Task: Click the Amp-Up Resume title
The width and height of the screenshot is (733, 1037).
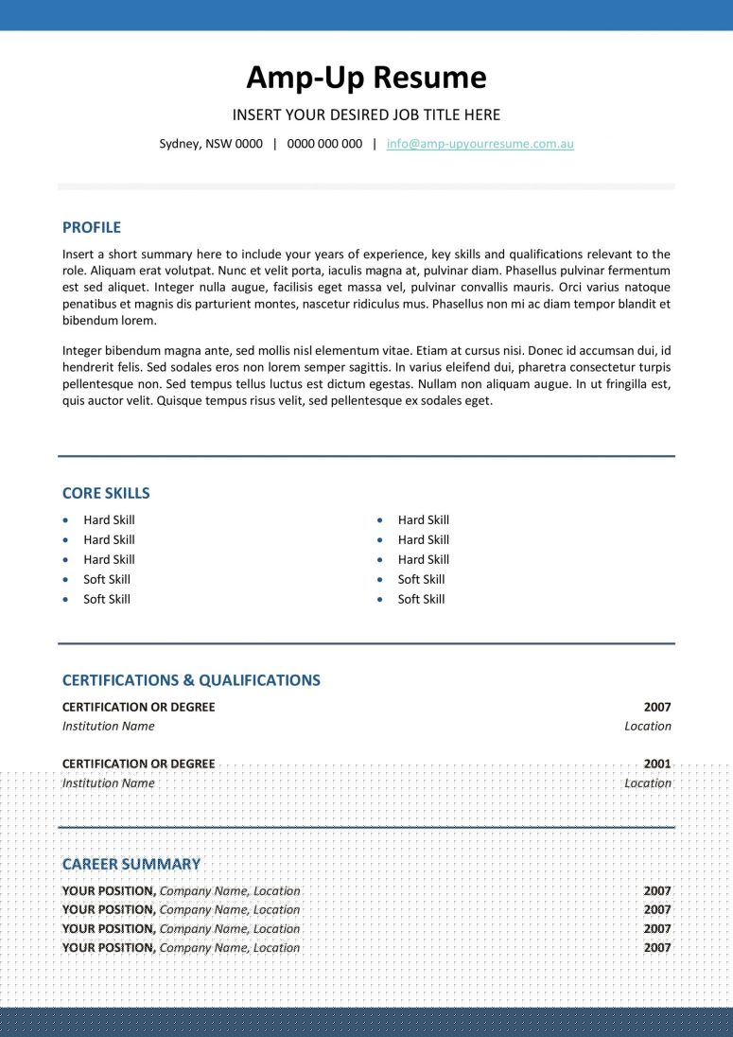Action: (x=366, y=77)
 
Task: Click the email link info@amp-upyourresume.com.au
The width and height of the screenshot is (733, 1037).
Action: (x=480, y=144)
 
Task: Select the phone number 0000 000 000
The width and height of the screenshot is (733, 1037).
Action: (x=324, y=144)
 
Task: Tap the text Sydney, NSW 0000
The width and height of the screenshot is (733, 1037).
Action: (x=211, y=144)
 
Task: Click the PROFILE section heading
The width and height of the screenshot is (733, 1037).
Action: (x=92, y=227)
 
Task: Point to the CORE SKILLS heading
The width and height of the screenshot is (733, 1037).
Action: (x=106, y=493)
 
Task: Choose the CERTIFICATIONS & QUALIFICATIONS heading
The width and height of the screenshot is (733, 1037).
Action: (x=191, y=680)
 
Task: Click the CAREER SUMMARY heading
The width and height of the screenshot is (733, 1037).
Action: (x=131, y=864)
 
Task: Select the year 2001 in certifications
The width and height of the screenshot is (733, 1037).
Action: (x=657, y=764)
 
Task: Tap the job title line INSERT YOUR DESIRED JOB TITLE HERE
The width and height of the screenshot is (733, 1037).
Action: (x=366, y=115)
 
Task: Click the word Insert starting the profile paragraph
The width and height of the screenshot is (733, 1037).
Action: (x=79, y=254)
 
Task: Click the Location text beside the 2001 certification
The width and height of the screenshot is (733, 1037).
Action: (x=648, y=783)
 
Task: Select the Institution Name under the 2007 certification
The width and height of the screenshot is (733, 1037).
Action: (x=108, y=727)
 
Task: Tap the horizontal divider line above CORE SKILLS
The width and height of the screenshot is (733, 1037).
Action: (x=366, y=456)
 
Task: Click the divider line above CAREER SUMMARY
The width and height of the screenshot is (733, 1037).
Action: (x=366, y=828)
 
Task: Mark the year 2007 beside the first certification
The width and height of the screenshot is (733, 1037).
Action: (x=657, y=707)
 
